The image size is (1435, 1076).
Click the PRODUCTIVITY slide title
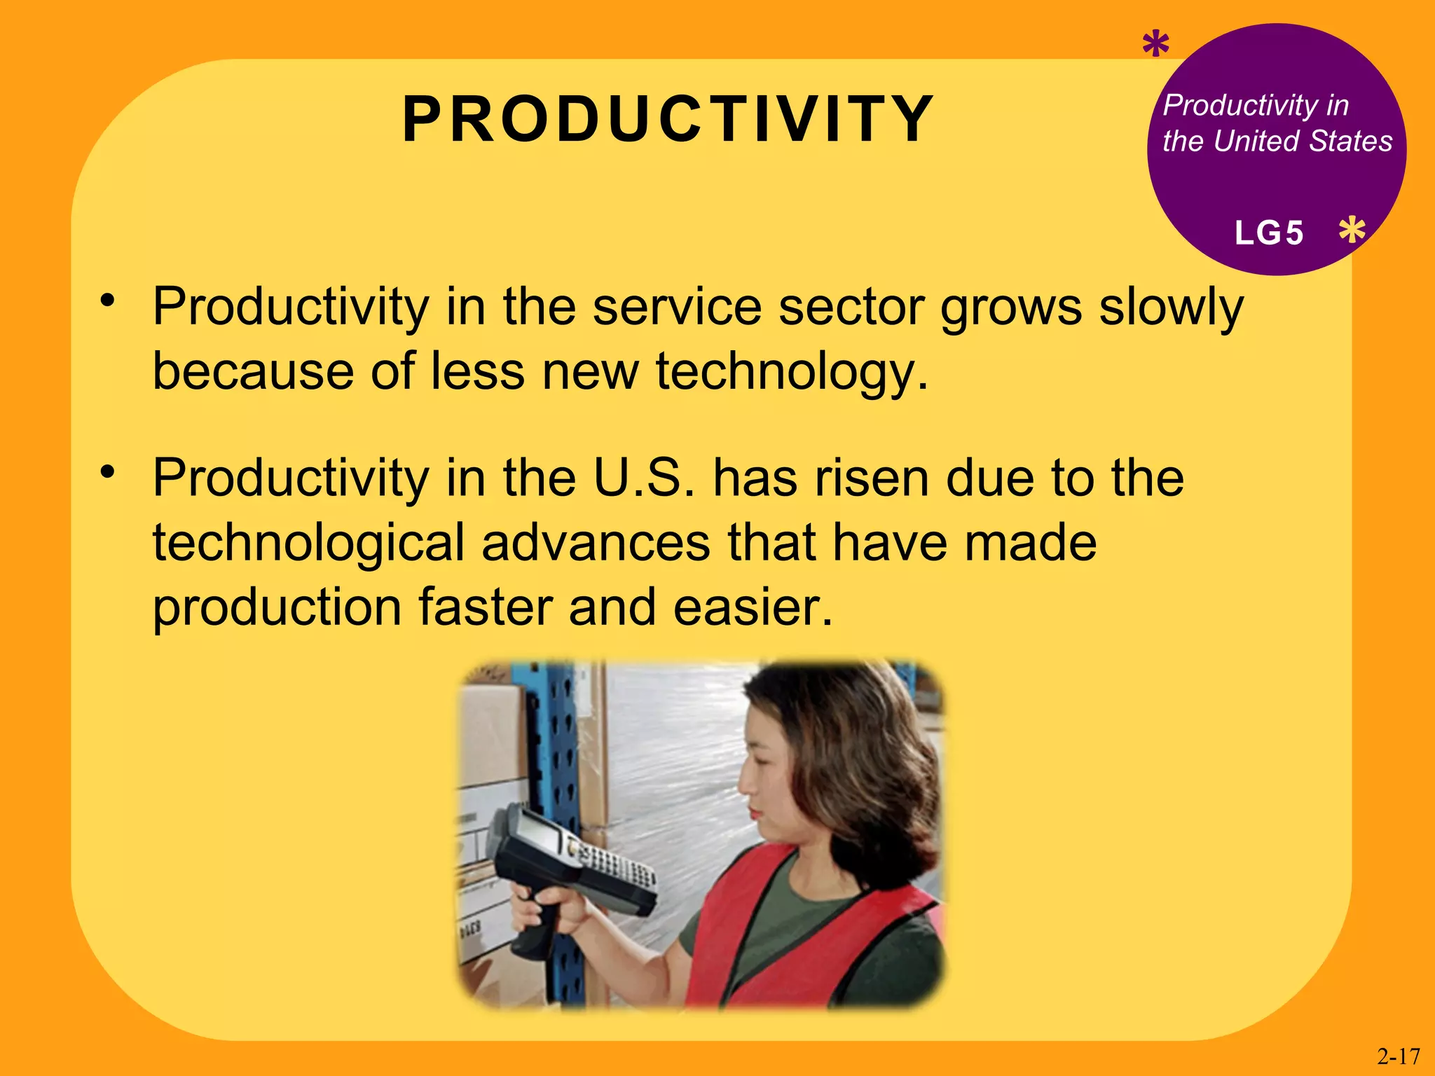(x=668, y=120)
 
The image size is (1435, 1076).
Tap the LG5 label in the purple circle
(x=1269, y=233)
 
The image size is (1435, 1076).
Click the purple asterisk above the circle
(x=1155, y=46)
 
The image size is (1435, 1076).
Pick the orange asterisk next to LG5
(x=1352, y=230)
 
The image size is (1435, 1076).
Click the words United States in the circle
(x=1303, y=142)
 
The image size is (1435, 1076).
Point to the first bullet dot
(x=107, y=301)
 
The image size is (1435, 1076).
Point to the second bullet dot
(x=107, y=471)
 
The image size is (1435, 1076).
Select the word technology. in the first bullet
(x=792, y=371)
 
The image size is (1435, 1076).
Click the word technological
(x=308, y=543)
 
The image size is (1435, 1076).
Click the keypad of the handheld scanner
(x=617, y=866)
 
